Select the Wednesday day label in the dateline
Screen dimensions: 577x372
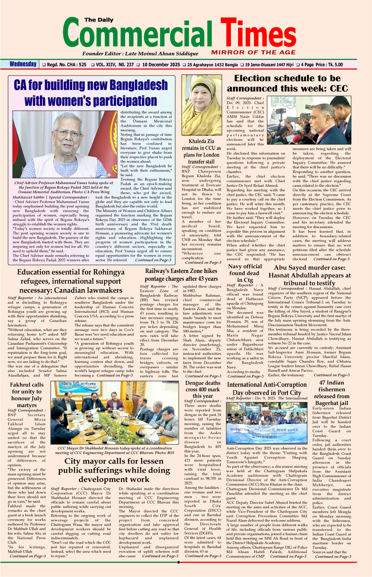pos(23,64)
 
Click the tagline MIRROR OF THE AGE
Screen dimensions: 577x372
pos(253,52)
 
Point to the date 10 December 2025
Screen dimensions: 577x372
pos(161,65)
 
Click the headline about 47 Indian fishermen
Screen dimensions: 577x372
pos(331,393)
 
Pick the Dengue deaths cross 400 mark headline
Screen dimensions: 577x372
pos(202,389)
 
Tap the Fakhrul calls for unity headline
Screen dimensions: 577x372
pos(27,395)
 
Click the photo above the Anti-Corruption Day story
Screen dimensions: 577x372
pos(267,423)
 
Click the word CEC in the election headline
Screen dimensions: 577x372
pos(338,88)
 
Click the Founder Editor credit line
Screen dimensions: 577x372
pos(140,54)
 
